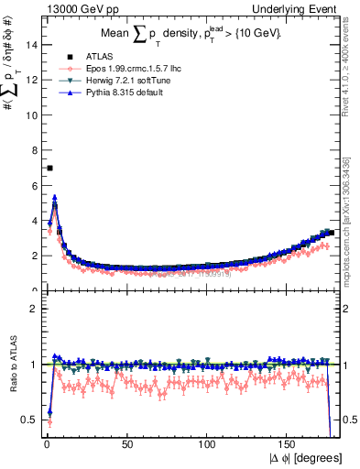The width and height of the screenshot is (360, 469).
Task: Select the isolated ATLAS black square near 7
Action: [x=49, y=168]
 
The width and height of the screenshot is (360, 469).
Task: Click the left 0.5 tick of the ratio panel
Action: [x=29, y=420]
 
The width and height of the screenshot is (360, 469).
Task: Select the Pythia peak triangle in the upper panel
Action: [x=55, y=197]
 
